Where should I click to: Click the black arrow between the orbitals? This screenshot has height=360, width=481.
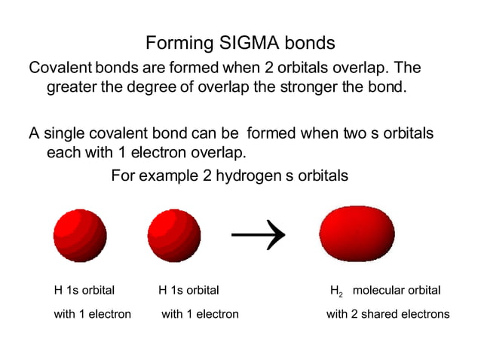pos(258,235)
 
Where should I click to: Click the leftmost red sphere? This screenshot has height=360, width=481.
pos(80,235)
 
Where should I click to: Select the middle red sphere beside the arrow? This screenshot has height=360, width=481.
pos(174,235)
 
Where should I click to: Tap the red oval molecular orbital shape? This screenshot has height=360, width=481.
pos(357,233)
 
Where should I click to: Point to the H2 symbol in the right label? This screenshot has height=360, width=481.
pos(336,291)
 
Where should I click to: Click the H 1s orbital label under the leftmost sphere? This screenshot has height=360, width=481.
pos(84,290)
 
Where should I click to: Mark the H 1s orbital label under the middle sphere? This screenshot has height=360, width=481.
pos(188,290)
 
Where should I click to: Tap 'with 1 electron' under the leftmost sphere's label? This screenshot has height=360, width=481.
pos(92,314)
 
